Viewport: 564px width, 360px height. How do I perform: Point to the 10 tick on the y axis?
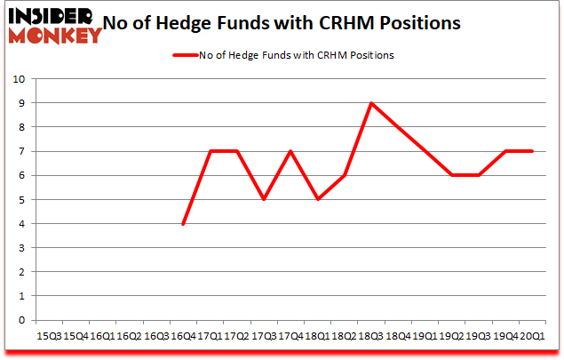coord(17,79)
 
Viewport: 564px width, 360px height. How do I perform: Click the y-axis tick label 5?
coord(20,200)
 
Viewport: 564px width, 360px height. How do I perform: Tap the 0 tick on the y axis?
coord(20,321)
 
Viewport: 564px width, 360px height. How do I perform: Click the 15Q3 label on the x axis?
coord(49,336)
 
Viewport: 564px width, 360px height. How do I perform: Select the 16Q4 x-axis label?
coord(183,336)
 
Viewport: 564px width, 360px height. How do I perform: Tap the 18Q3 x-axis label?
coord(370,336)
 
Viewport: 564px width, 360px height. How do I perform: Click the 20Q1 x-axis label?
coord(531,336)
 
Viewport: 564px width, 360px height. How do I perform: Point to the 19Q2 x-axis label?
coord(451,336)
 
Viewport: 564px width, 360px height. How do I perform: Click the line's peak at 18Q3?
coord(370,103)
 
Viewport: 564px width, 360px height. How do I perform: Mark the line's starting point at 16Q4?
coord(183,224)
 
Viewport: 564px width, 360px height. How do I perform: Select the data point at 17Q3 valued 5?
coord(264,200)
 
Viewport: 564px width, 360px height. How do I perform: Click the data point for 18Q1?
coord(317,200)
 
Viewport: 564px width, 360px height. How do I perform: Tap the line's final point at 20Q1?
coord(531,151)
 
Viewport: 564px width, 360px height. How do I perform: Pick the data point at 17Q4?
coord(290,151)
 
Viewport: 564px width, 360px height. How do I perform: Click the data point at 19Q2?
coord(451,175)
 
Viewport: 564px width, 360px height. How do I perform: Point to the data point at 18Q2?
coord(344,175)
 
